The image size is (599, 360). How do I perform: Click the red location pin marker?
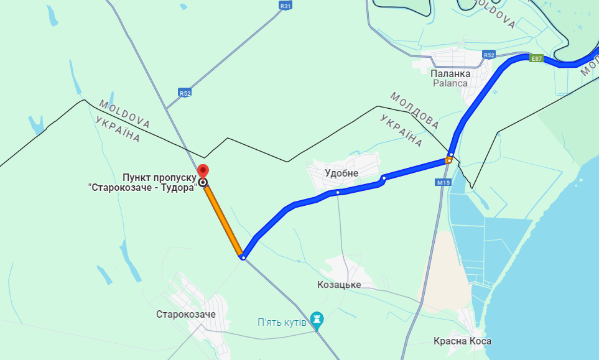(x=202, y=171)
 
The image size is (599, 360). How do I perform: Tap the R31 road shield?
(x=286, y=6)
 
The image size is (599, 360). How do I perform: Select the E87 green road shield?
(x=537, y=58)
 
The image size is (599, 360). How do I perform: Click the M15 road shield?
(x=443, y=182)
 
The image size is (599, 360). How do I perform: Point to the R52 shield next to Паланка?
(x=489, y=55)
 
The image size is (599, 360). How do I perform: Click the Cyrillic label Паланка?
(x=450, y=73)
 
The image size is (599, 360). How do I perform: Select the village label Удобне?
(x=341, y=173)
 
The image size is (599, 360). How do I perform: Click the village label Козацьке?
(x=339, y=285)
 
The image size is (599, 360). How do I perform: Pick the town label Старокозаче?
(x=182, y=315)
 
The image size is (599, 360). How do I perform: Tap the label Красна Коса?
(x=463, y=341)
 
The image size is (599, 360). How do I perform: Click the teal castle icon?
(x=317, y=320)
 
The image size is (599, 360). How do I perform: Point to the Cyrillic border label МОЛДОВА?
(x=414, y=107)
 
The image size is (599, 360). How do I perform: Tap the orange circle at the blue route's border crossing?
(x=448, y=160)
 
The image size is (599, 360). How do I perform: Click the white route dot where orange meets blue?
(x=243, y=257)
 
